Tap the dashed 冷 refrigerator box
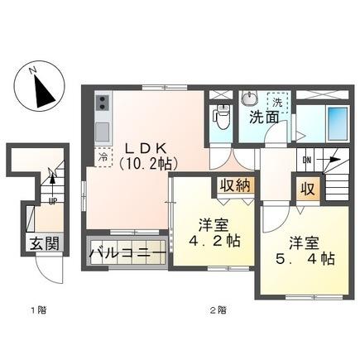103,156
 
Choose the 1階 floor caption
39,312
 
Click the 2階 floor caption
217,312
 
